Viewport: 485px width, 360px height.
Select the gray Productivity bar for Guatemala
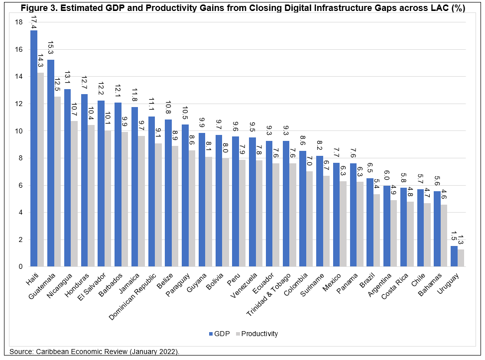pyautogui.click(x=57, y=182)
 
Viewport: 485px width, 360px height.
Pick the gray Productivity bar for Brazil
pyautogui.click(x=377, y=230)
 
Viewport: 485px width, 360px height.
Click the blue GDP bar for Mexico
pyautogui.click(x=337, y=215)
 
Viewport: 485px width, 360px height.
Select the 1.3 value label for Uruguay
pyautogui.click(x=461, y=240)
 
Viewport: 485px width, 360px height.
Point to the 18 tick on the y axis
pyautogui.click(x=19, y=22)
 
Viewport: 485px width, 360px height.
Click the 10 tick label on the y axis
pyautogui.click(x=19, y=131)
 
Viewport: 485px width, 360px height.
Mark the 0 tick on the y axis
pyautogui.click(x=20, y=266)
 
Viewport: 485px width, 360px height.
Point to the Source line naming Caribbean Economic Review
pyautogui.click(x=95, y=352)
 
